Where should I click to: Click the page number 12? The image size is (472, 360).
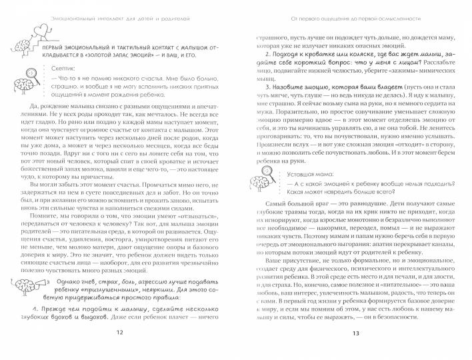click(120, 350)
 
